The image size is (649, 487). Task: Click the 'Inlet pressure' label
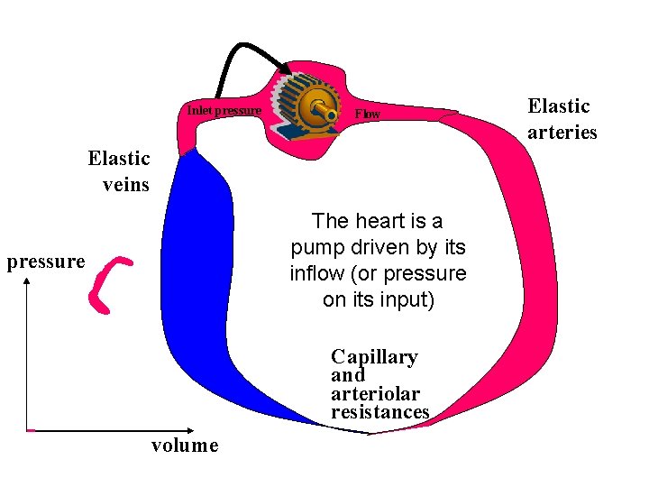224,111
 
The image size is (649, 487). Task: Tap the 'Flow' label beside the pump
368,115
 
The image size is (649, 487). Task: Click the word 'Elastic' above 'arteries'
559,106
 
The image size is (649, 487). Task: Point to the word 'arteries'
562,132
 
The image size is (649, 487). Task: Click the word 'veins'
125,185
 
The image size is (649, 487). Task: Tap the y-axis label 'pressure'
45,262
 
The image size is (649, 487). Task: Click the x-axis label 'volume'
184,445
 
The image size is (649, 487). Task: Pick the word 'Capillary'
374,356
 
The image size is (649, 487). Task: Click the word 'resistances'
379,412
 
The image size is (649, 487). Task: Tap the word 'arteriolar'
375,393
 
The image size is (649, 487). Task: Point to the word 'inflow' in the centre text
316,273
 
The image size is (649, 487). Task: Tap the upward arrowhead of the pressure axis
29,282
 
